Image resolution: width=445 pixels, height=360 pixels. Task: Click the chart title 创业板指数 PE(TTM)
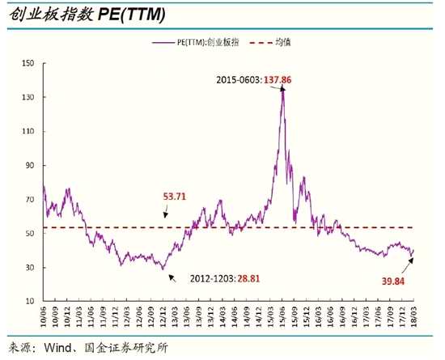(x=87, y=15)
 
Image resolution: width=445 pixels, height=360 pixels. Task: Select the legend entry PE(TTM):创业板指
(x=196, y=43)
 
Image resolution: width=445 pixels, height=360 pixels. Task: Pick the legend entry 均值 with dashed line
(x=270, y=43)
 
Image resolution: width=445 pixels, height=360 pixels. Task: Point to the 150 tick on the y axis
(x=28, y=63)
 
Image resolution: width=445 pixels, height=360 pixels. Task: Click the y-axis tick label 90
(x=30, y=165)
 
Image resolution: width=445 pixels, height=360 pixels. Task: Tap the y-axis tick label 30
(x=30, y=268)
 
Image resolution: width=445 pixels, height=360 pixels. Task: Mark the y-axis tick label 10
(x=30, y=301)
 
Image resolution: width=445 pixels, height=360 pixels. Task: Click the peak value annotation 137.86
(x=278, y=80)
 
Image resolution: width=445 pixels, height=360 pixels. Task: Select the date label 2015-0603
(x=238, y=80)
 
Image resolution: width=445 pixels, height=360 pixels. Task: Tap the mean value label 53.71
(x=174, y=197)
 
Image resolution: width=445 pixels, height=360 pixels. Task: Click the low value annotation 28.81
(x=248, y=278)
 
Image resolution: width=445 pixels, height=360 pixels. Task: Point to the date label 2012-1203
(x=213, y=278)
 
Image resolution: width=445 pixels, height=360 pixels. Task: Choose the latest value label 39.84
(x=392, y=282)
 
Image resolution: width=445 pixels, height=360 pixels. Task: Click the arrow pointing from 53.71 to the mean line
(x=166, y=212)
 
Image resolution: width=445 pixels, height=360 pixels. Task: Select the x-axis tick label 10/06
(x=44, y=316)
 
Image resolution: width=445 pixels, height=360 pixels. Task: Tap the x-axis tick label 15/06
(x=282, y=316)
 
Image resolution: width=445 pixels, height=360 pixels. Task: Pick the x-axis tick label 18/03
(x=414, y=316)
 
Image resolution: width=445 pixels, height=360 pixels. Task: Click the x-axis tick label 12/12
(x=163, y=316)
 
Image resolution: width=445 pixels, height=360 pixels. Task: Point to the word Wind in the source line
(x=58, y=348)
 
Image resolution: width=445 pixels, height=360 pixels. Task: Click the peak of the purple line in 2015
(x=283, y=90)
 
